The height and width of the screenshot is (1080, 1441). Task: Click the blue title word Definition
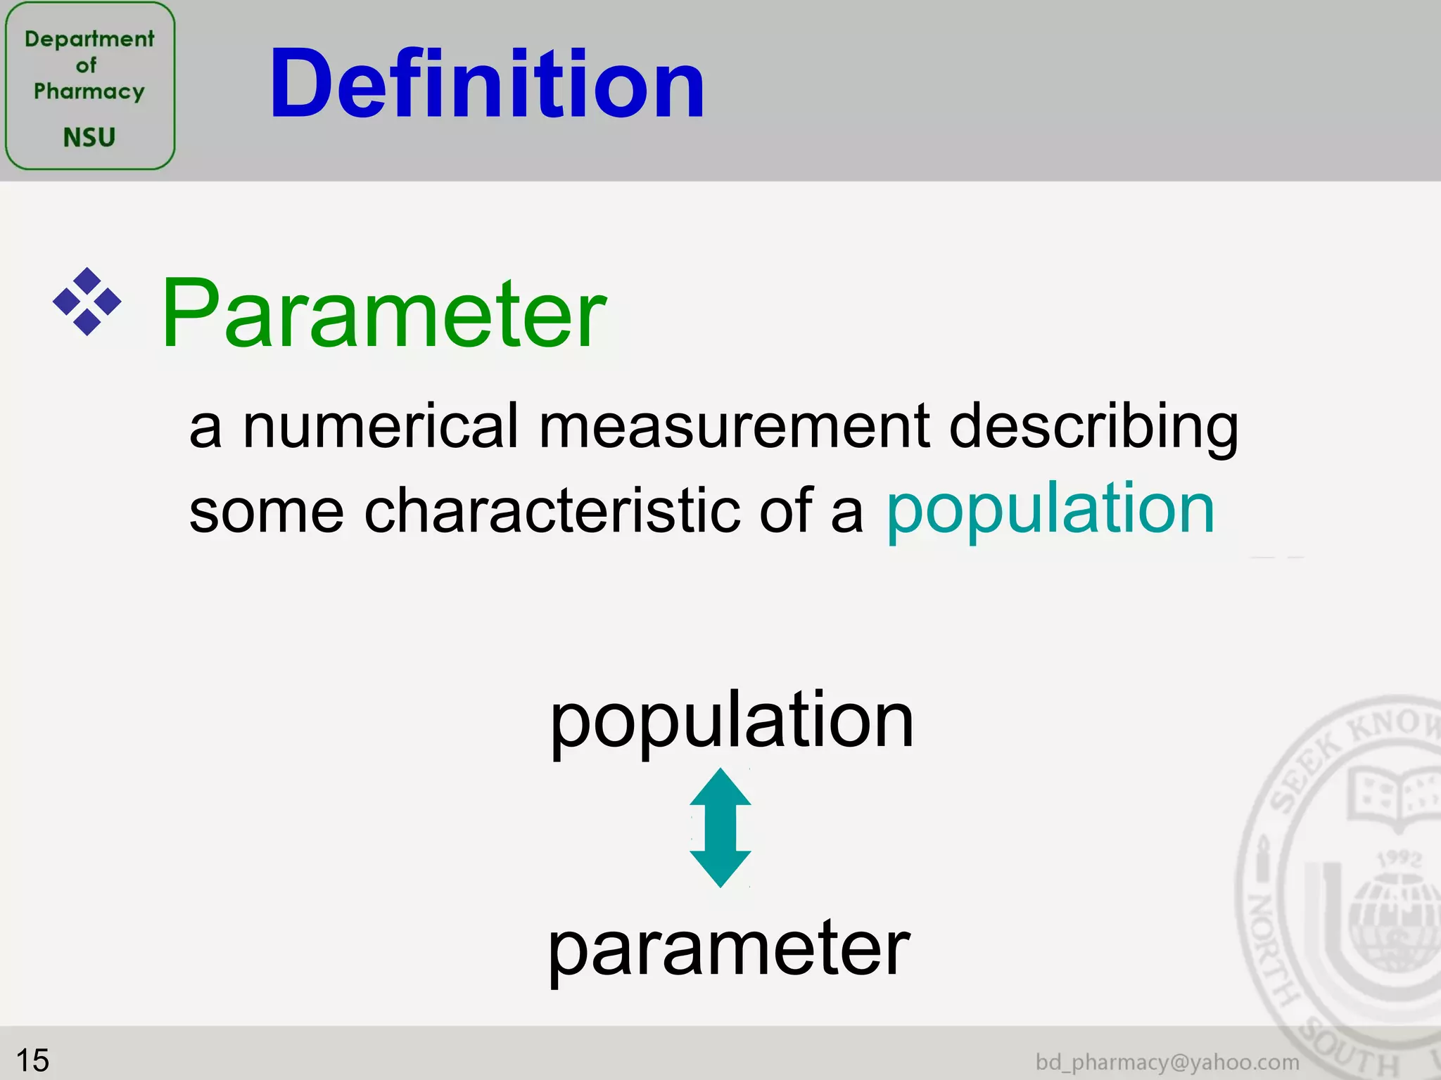487,84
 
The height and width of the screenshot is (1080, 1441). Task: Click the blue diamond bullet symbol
87,302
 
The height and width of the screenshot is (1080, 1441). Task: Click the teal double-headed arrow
720,828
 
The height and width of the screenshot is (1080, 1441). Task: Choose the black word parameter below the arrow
729,950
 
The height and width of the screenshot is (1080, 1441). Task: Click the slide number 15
32,1060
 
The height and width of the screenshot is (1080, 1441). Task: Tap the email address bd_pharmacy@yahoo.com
1167,1062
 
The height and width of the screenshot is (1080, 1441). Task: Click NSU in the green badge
89,137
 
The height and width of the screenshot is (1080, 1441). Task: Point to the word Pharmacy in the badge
89,91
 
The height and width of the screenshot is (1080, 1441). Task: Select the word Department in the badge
89,39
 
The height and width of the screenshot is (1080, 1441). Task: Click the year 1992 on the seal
1399,859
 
